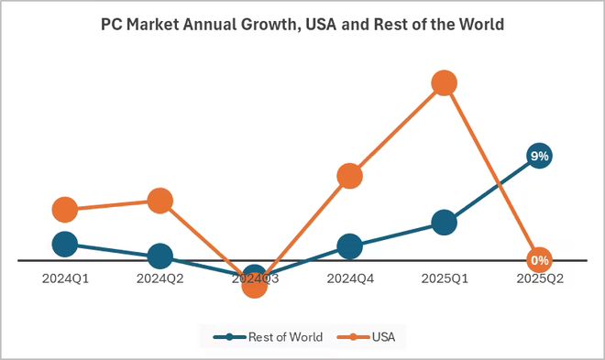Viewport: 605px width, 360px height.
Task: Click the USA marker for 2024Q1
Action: [x=64, y=210]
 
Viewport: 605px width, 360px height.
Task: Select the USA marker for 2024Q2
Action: [x=159, y=201]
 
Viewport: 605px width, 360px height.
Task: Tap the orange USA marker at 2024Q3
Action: [x=255, y=285]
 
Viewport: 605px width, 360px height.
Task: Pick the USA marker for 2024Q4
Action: [x=349, y=177]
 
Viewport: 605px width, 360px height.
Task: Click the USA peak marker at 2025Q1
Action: [x=445, y=83]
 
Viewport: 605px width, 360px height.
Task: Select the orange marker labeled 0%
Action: [x=539, y=260]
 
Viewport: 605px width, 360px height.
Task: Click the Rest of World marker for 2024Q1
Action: [x=64, y=244]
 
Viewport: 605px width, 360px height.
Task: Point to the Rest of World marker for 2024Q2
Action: [x=159, y=256]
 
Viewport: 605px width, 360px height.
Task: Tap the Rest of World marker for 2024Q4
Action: [x=349, y=246]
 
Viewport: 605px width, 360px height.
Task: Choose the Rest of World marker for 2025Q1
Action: [x=445, y=223]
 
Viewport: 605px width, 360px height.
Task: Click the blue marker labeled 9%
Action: [x=539, y=156]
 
